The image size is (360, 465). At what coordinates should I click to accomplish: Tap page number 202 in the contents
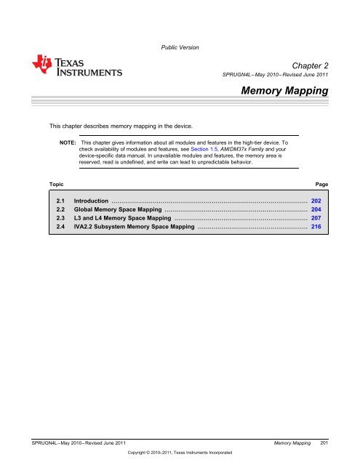point(316,199)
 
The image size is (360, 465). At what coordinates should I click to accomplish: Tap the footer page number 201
point(326,442)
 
